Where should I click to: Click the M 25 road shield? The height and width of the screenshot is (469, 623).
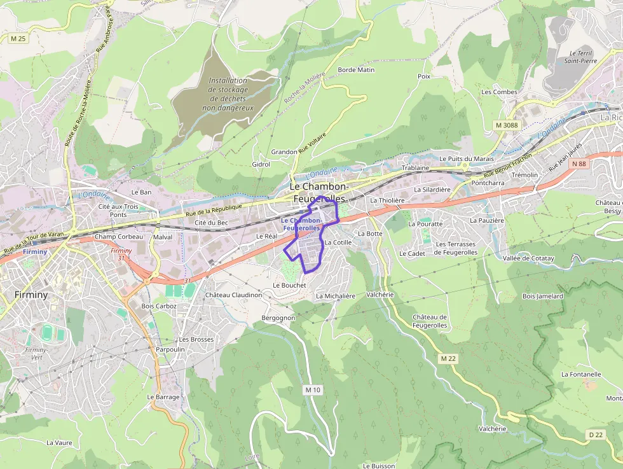tap(18, 39)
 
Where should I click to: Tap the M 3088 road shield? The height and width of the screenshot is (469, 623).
tap(506, 125)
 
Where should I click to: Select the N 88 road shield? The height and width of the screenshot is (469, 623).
tap(578, 164)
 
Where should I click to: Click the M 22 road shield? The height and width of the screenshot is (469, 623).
tap(448, 359)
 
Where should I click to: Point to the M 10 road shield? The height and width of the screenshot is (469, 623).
tap(313, 389)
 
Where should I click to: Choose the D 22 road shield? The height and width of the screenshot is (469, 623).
tap(595, 435)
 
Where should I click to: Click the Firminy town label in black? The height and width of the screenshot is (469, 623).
tap(31, 295)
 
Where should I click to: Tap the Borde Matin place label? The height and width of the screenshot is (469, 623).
tap(356, 70)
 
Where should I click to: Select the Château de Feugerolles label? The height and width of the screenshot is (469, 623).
tap(430, 321)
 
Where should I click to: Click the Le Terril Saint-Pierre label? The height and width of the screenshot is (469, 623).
tap(580, 57)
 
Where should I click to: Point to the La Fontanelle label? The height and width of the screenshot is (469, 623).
tap(581, 374)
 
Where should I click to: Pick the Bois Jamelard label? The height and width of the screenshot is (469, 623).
tap(542, 296)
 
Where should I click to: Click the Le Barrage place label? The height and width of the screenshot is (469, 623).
tap(163, 396)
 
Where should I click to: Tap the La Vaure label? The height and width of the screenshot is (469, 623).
tap(59, 442)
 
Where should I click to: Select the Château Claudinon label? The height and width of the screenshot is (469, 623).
tap(233, 295)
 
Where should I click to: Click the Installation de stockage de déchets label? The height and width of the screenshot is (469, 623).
tap(228, 94)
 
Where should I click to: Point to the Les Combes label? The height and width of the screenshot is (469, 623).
tap(499, 92)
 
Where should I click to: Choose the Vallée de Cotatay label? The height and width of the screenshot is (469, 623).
tap(528, 258)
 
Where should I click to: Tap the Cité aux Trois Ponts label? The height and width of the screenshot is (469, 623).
tap(118, 210)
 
